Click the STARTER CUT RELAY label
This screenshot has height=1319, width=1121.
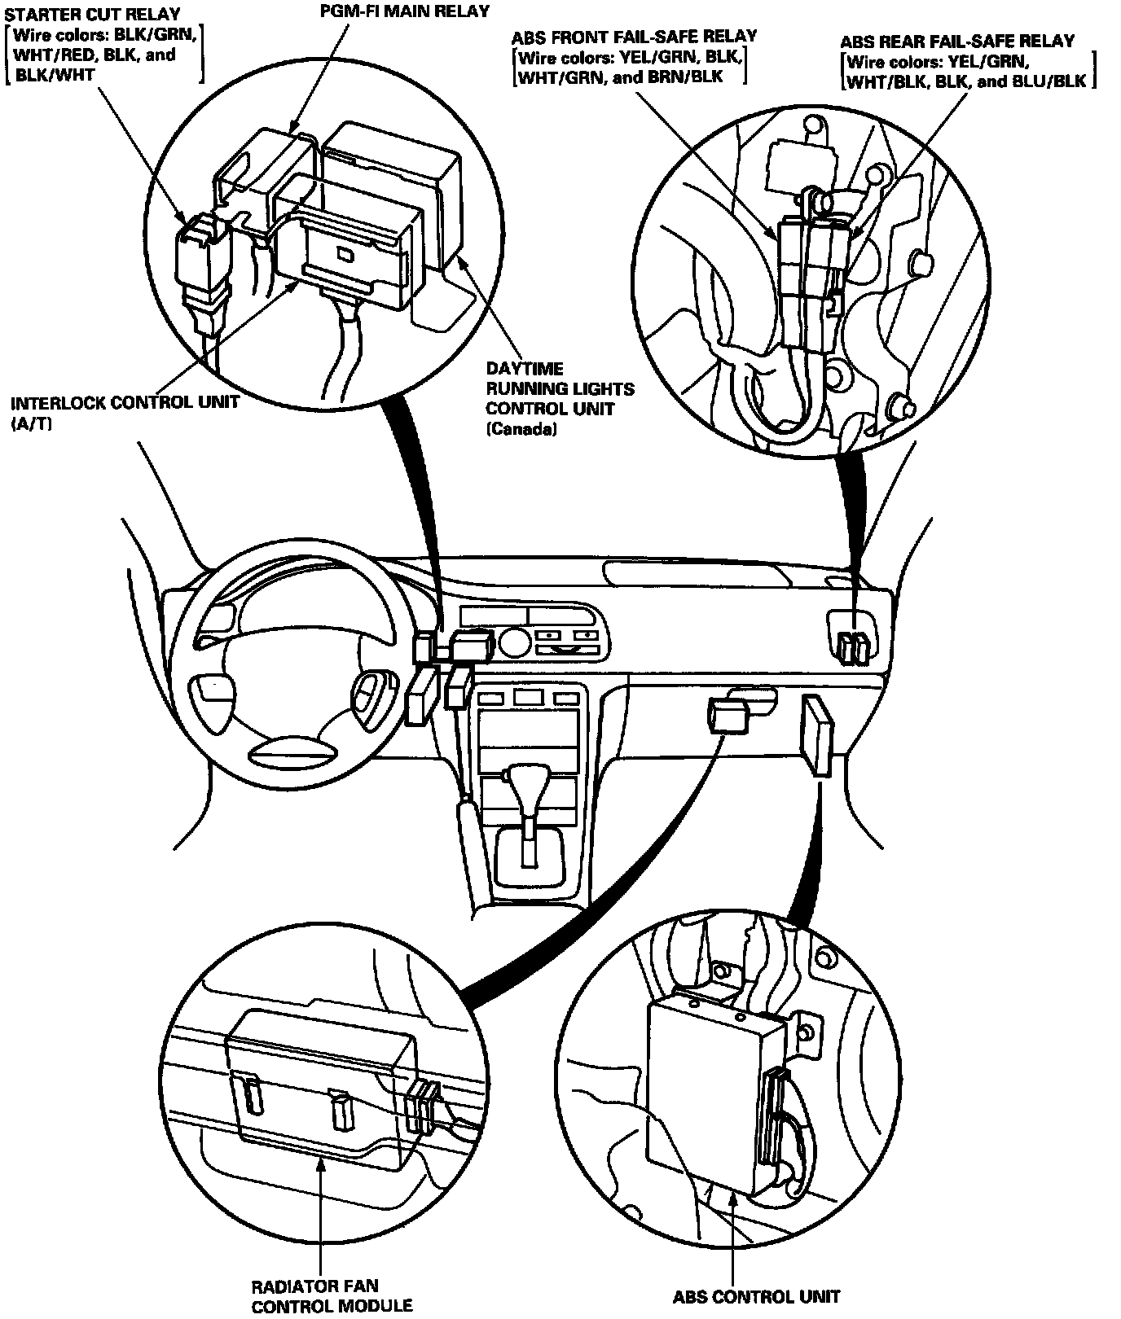click(x=92, y=15)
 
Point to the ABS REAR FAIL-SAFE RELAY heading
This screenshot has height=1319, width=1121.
click(x=956, y=42)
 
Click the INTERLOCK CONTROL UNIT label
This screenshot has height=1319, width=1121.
click(x=125, y=403)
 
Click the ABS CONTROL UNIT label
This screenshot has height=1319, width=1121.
click(x=755, y=1296)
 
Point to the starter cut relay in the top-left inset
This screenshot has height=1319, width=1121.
click(x=198, y=252)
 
